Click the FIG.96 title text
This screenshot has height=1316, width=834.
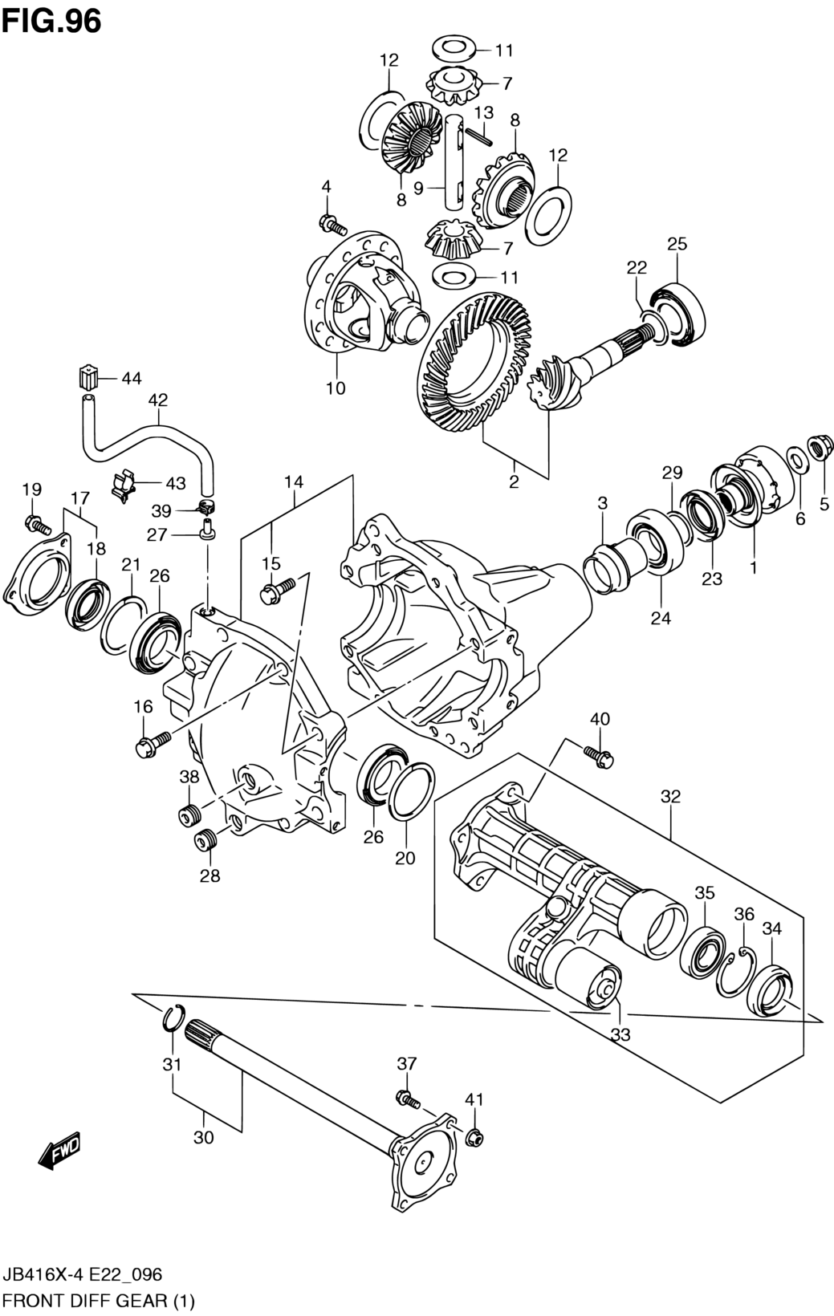click(x=51, y=22)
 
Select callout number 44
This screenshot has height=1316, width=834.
click(x=132, y=379)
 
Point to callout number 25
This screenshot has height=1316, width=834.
click(x=677, y=243)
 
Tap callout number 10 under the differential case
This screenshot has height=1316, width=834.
click(x=336, y=388)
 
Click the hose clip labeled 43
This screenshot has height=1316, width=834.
click(x=123, y=484)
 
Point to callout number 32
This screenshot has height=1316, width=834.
click(x=670, y=796)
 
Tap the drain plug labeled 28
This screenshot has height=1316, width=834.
click(x=206, y=839)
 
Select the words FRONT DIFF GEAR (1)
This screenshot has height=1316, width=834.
click(x=98, y=1301)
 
